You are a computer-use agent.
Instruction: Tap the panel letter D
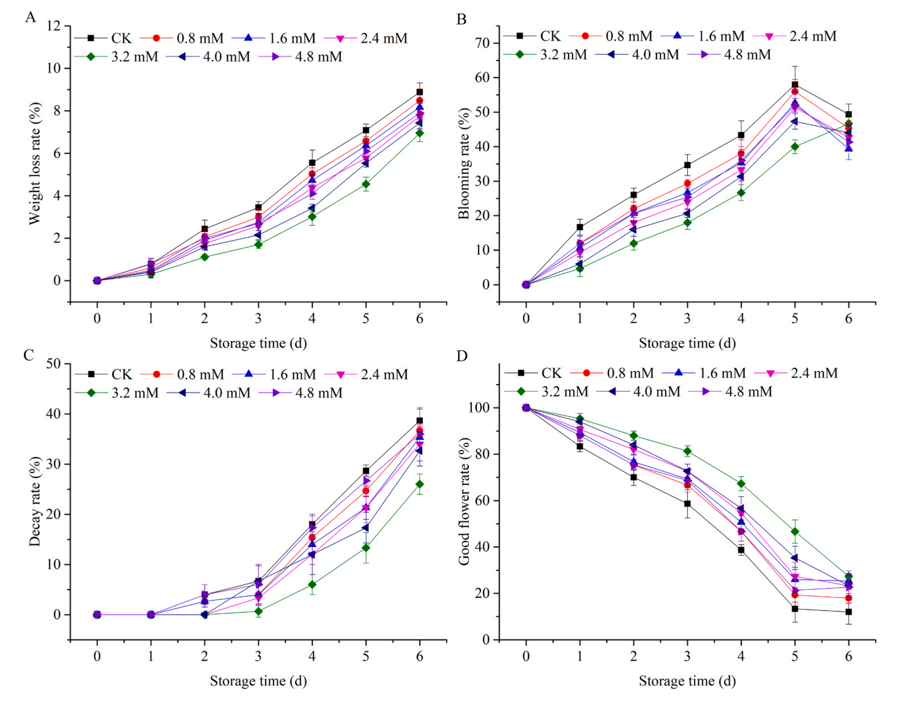(462, 356)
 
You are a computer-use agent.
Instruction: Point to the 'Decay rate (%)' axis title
(35, 501)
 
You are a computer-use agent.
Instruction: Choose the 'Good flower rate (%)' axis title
(464, 501)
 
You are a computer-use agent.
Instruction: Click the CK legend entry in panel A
(104, 38)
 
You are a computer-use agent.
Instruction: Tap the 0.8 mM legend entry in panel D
(612, 373)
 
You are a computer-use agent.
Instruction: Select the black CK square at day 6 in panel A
(420, 92)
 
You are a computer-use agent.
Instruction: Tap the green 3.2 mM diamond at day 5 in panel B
(795, 146)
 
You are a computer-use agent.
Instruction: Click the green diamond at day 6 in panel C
(420, 484)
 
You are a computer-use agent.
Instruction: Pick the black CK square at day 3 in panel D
(687, 504)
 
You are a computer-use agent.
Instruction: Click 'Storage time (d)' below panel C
(258, 681)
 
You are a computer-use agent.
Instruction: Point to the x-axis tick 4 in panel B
(741, 318)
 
